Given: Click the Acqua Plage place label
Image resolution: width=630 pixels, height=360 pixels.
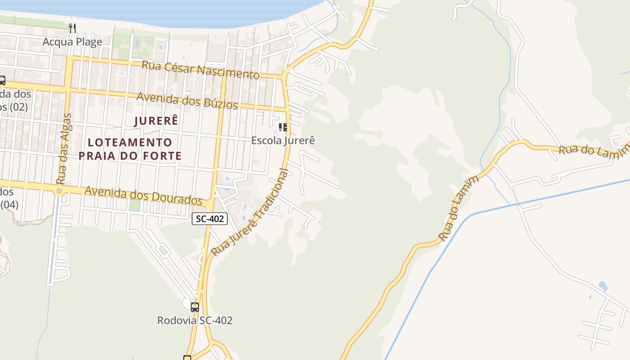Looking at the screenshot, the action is pyautogui.click(x=72, y=42).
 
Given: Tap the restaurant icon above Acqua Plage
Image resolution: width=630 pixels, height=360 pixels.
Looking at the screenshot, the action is pyautogui.click(x=72, y=28).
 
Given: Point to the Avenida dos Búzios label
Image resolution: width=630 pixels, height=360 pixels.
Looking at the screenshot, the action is pyautogui.click(x=187, y=100).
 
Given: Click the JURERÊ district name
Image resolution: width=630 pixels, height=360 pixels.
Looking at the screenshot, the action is pyautogui.click(x=156, y=121).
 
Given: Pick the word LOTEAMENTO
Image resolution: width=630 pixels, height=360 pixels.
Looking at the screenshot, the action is pyautogui.click(x=130, y=142).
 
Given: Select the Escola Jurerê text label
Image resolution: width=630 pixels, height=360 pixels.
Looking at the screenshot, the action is pyautogui.click(x=283, y=140).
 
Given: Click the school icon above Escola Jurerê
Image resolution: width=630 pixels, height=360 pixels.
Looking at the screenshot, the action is pyautogui.click(x=283, y=127).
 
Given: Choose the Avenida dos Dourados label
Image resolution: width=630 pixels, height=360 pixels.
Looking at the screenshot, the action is pyautogui.click(x=144, y=195).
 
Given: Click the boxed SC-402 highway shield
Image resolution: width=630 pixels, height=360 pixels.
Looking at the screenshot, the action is pyautogui.click(x=210, y=219).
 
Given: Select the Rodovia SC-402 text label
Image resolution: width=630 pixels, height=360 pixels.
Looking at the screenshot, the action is pyautogui.click(x=194, y=320).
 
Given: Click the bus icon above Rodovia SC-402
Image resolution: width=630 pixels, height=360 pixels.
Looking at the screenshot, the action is pyautogui.click(x=195, y=307).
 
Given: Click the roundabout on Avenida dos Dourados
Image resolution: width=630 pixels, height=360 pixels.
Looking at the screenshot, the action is pyautogui.click(x=59, y=191).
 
